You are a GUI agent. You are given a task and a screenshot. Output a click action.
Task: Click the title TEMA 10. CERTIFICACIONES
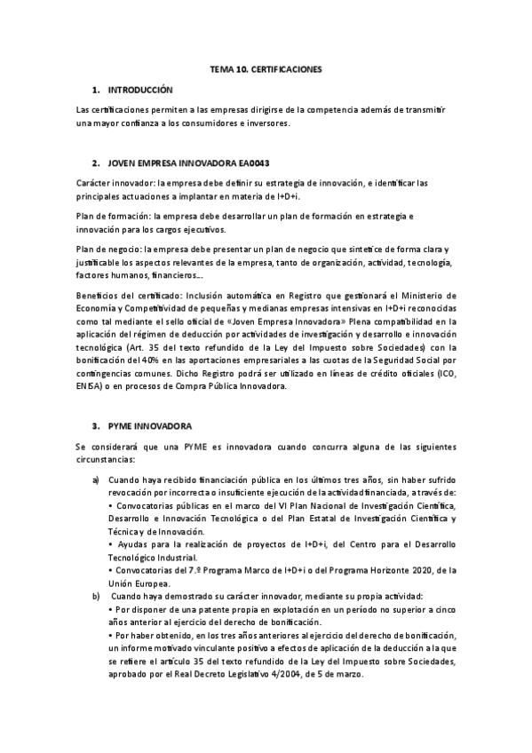[266, 67]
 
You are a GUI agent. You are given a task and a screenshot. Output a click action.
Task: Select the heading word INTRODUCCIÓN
[139, 91]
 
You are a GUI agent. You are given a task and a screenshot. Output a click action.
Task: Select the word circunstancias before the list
[106, 460]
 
